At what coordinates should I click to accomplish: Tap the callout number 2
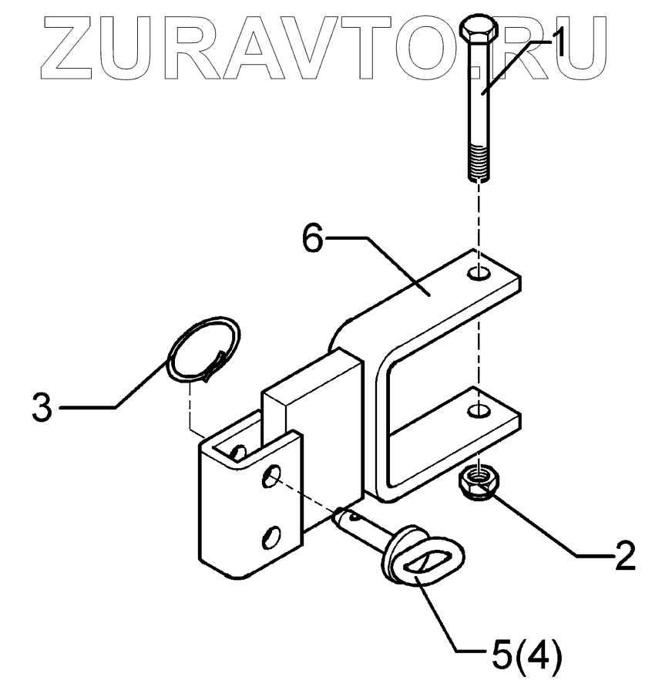[621, 554]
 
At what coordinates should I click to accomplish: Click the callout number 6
[312, 238]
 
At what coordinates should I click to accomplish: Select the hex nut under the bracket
[480, 482]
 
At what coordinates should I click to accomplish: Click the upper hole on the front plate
[271, 477]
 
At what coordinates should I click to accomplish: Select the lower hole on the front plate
[271, 534]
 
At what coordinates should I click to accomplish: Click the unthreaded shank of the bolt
[479, 100]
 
